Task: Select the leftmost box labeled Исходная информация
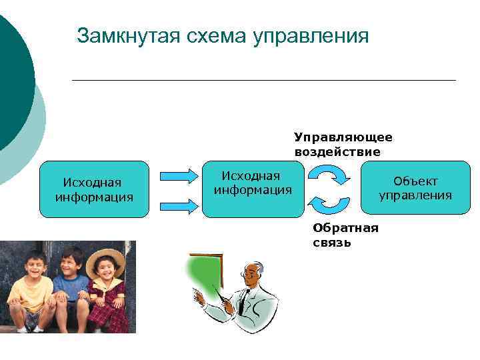click(94, 189)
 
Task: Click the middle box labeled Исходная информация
click(253, 189)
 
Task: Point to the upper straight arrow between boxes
click(179, 175)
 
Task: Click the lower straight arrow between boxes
click(179, 205)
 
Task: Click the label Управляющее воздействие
click(343, 144)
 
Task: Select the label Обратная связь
click(345, 235)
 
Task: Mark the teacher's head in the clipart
click(252, 273)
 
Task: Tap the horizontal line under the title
click(263, 80)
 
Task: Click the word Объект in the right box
click(415, 181)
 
